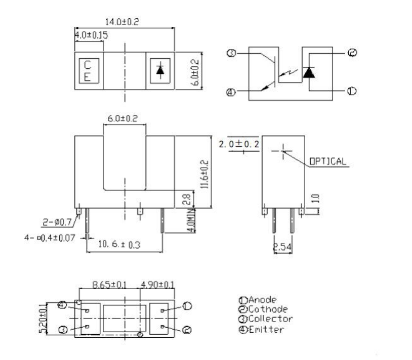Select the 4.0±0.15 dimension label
(x=91, y=35)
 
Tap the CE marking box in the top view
(x=88, y=71)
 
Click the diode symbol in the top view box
(x=160, y=71)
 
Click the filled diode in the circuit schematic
(x=309, y=72)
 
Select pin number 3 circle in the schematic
(x=231, y=53)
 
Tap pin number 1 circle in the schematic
(x=352, y=91)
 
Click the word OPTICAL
(x=327, y=162)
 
